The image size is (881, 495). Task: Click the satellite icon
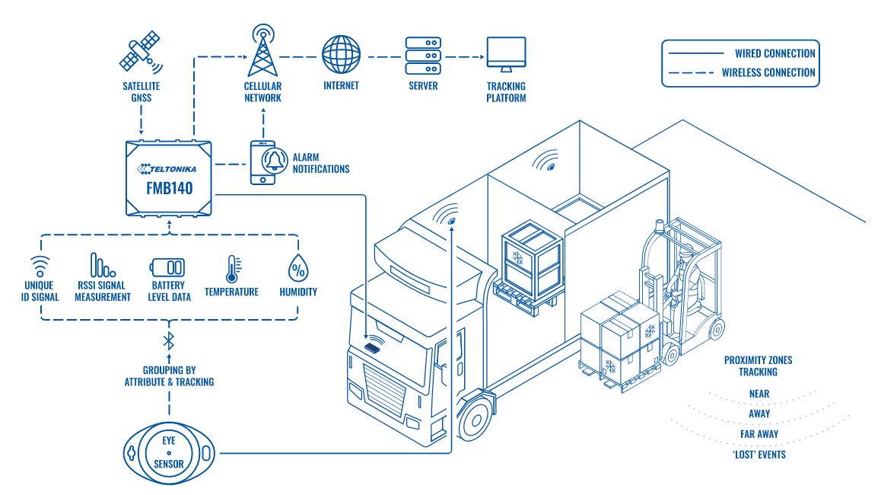point(142,49)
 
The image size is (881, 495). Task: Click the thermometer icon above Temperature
point(231,269)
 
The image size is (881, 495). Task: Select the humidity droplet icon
point(297,270)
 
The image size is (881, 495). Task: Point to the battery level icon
point(169,269)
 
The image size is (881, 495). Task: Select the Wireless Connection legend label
point(768,73)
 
